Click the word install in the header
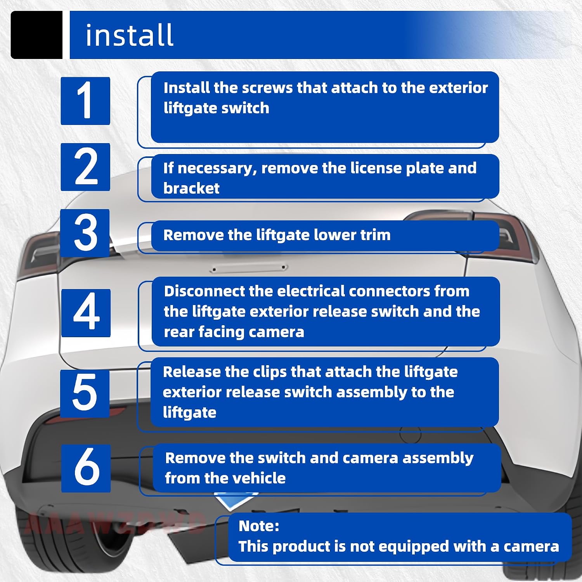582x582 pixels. click(129, 35)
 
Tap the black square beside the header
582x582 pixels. click(36, 35)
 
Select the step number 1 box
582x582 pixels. click(85, 101)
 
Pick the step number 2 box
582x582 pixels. click(85, 167)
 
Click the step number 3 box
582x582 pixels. click(85, 233)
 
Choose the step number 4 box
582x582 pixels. click(86, 313)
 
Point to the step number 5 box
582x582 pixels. click(85, 393)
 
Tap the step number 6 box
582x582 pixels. click(86, 468)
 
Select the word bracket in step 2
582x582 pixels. click(191, 188)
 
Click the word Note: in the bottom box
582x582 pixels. click(259, 526)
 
